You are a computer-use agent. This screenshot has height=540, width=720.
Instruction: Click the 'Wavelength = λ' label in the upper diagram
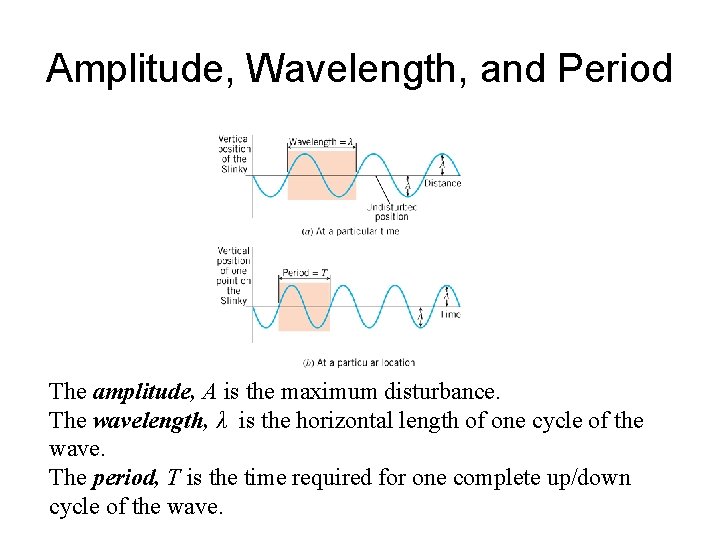pyautogui.click(x=321, y=142)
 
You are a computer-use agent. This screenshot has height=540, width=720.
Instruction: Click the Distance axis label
pyautogui.click(x=443, y=183)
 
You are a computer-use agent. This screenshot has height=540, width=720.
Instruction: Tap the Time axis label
pyautogui.click(x=450, y=315)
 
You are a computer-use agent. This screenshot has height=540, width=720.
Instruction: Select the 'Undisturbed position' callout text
pyautogui.click(x=392, y=211)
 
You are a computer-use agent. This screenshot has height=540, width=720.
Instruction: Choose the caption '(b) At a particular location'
pyautogui.click(x=358, y=362)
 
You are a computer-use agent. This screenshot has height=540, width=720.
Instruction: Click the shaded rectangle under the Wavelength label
pyautogui.click(x=321, y=175)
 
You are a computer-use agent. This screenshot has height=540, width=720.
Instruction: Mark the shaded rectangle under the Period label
pyautogui.click(x=303, y=306)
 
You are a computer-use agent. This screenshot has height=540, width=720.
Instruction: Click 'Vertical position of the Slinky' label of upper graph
pyautogui.click(x=234, y=153)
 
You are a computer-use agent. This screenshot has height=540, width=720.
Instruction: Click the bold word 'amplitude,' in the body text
pyautogui.click(x=135, y=391)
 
